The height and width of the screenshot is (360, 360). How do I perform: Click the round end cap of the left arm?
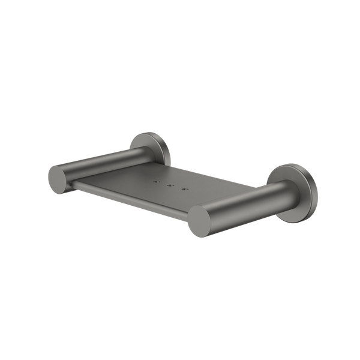tap(56, 178)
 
